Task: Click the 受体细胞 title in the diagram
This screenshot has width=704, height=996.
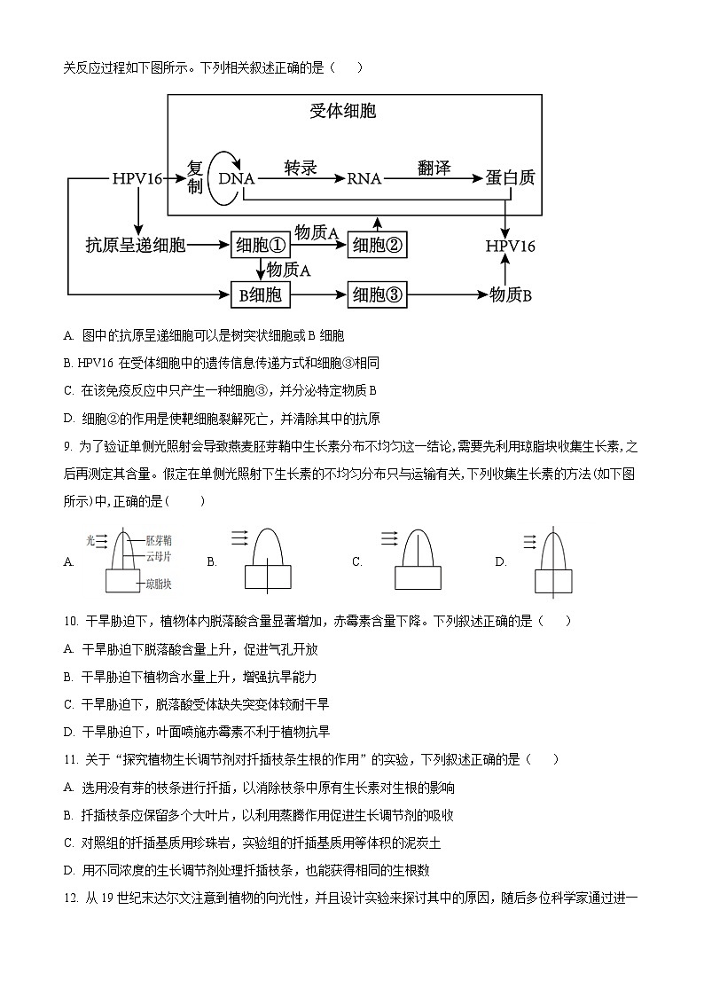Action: click(x=343, y=111)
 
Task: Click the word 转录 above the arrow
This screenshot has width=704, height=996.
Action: click(x=301, y=168)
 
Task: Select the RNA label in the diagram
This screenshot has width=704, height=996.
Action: click(x=364, y=178)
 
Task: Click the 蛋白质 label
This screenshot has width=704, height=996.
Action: click(x=510, y=177)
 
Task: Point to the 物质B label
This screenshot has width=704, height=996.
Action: click(x=511, y=295)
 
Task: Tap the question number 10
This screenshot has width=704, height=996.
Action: click(x=72, y=622)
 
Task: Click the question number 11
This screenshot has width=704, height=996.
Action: click(x=72, y=759)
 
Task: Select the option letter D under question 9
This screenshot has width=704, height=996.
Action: click(x=500, y=561)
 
